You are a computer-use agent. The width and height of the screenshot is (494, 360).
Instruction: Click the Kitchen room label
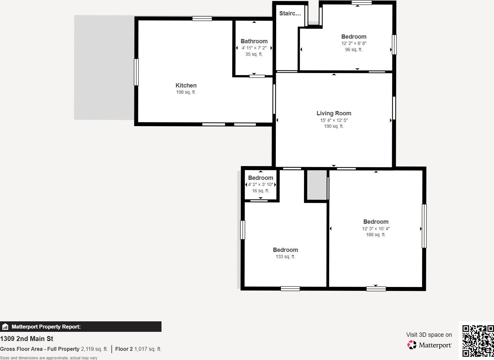pos(186,85)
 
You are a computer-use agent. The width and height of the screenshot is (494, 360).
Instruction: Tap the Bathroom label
pos(254,41)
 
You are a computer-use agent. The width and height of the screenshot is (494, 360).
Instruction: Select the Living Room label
pos(334,113)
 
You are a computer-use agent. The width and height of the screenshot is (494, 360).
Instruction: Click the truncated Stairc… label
pos(290,13)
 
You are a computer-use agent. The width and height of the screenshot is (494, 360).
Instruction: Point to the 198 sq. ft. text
pos(186,92)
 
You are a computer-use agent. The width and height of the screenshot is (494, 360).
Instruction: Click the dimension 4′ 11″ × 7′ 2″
pos(254,48)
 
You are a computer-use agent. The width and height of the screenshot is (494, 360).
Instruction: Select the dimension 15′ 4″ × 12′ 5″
pos(334,120)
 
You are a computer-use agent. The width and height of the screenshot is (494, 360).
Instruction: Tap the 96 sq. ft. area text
pos(354,50)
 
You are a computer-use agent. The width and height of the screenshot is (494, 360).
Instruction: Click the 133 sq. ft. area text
pos(285,256)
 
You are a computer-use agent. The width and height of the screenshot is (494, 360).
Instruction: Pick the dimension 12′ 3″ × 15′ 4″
pos(376,229)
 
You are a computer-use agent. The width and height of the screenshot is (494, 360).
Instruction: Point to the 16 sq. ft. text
pos(261,191)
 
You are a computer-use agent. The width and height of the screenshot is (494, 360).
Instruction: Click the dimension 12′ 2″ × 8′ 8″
pos(354,44)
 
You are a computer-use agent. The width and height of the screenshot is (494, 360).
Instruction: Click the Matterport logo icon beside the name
pos(412,345)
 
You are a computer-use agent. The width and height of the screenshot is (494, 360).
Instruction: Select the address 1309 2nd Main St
pos(27,339)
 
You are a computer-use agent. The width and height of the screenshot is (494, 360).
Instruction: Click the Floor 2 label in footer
pos(124,349)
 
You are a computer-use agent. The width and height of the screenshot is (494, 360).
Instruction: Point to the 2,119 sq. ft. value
pos(94,349)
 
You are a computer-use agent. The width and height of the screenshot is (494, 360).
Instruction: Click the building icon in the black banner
pos(5,327)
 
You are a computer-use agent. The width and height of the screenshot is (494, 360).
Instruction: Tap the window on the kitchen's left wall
pos(136,72)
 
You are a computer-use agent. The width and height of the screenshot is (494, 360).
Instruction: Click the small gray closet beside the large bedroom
pos(317,185)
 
